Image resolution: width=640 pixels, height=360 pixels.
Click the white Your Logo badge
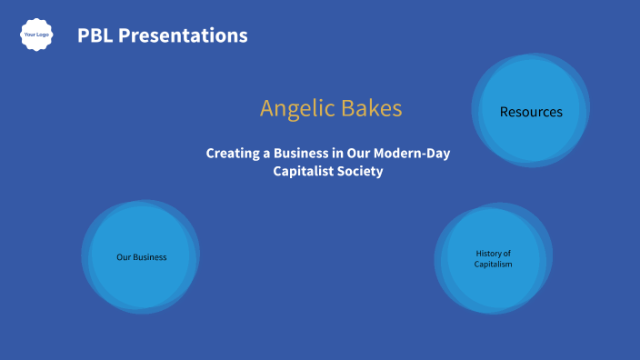point(36,35)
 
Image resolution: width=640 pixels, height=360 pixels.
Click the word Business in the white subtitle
point(300,154)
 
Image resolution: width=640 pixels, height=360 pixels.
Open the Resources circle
point(531,110)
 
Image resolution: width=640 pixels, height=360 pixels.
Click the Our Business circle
point(141,257)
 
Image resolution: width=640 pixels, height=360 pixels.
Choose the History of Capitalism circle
point(494,258)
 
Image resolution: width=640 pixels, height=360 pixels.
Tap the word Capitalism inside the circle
point(494,264)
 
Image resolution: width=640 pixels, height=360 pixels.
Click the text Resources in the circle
point(531,112)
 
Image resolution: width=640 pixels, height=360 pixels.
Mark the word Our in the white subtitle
point(358,154)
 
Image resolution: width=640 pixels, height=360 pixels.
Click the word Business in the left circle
point(150,257)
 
